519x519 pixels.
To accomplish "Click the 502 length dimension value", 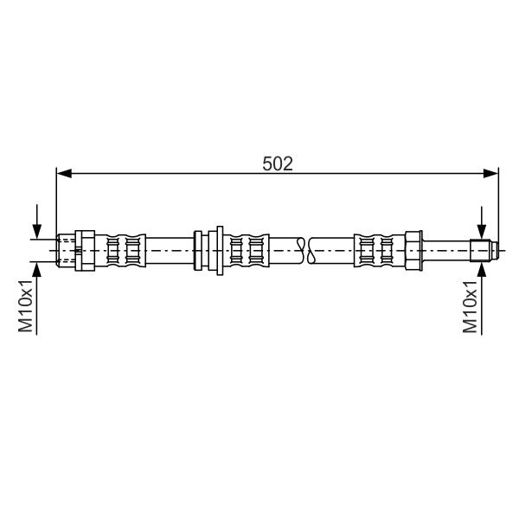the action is tap(278, 163).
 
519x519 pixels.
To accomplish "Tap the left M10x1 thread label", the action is tap(26, 305).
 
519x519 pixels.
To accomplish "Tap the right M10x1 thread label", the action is tap(471, 306).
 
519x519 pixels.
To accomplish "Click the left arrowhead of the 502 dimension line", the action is tap(64, 173).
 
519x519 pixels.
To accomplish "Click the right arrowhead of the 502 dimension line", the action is tap(490, 173).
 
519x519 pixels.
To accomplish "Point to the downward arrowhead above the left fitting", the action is tap(37, 231).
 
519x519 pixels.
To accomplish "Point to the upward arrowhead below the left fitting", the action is tap(37, 269).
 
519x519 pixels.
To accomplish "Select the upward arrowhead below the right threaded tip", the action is tap(482, 269).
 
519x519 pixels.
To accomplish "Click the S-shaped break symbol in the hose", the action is tap(305, 251).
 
